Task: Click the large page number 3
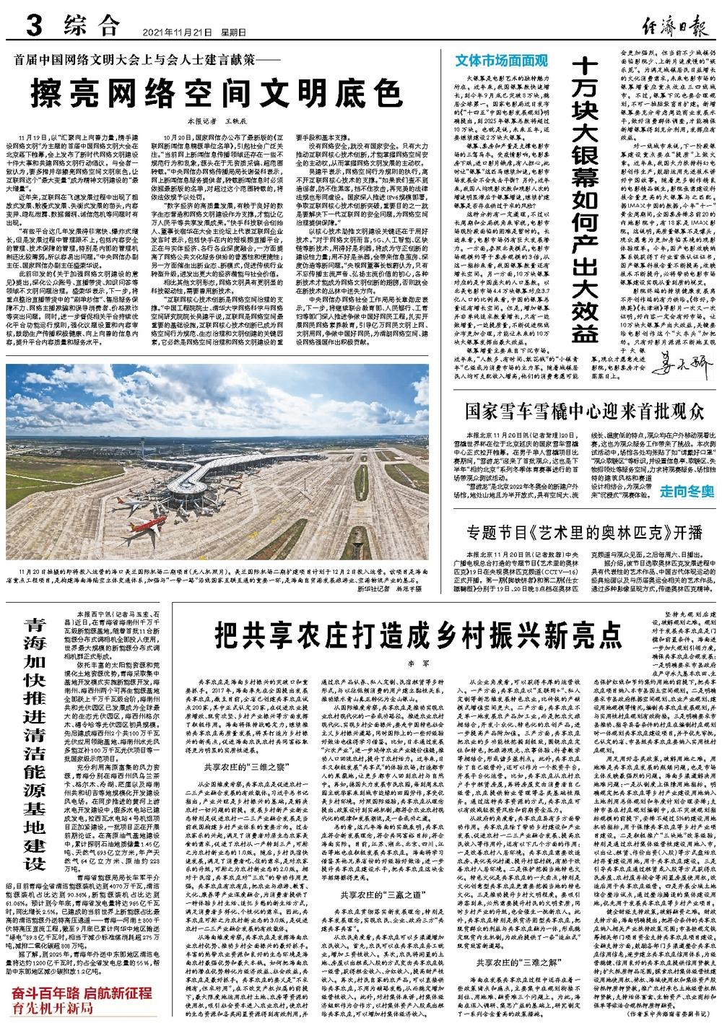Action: point(35,27)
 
